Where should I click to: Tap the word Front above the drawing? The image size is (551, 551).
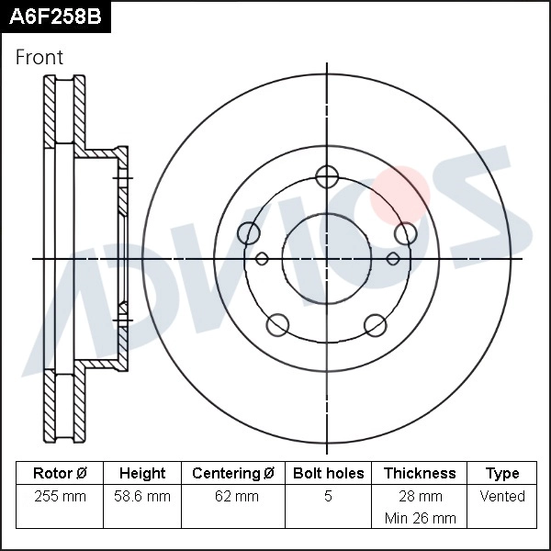point(39,58)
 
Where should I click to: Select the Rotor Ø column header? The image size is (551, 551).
point(60,474)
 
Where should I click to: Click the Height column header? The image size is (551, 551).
point(142,474)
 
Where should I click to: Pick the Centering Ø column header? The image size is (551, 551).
point(233,474)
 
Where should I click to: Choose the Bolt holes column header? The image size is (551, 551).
point(328,474)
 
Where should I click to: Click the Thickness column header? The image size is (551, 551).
point(420,474)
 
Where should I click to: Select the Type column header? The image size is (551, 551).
point(502,474)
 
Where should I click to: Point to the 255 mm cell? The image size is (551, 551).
point(60,497)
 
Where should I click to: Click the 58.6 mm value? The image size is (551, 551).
point(142,497)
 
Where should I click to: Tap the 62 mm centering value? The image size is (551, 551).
point(233,497)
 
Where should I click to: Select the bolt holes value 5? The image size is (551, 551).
point(328,497)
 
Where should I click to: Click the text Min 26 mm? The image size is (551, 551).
point(420,518)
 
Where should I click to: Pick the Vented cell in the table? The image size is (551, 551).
point(502,497)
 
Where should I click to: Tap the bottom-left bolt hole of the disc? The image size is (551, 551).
point(276,324)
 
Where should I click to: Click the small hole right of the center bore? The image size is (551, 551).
point(393,259)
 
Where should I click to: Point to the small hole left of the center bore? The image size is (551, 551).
point(261,259)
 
